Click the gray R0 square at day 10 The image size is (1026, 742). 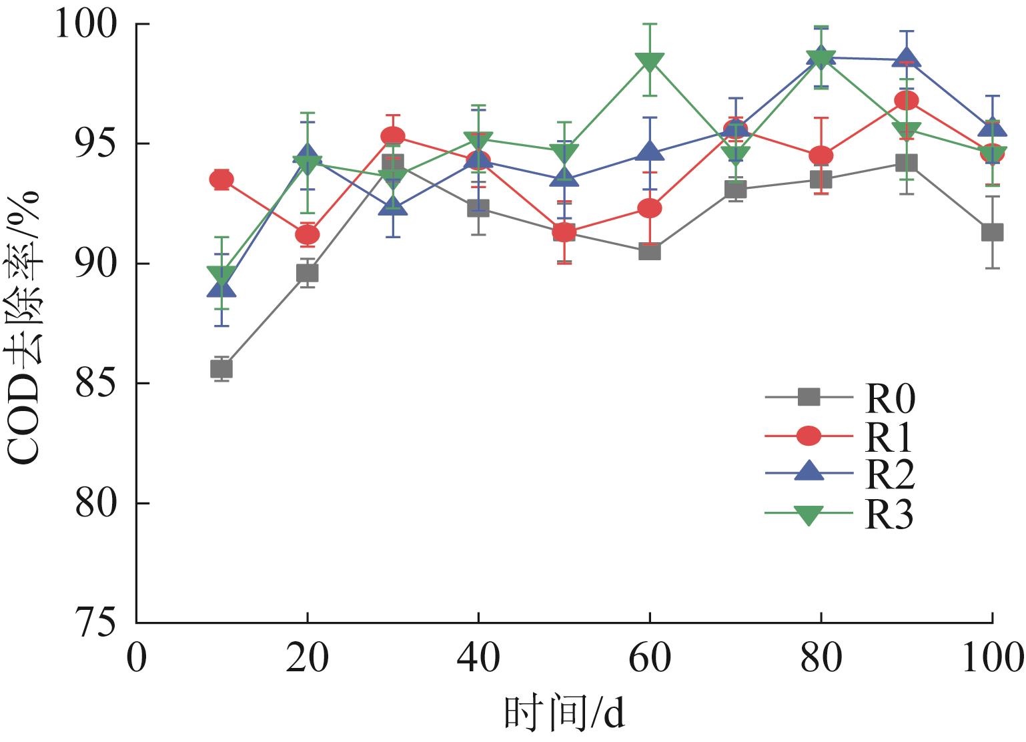221,368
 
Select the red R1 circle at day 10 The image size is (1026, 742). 221,179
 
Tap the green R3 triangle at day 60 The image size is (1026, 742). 650,61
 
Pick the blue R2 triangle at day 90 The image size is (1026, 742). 907,59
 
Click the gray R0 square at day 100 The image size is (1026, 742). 992,232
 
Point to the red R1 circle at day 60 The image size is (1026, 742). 650,208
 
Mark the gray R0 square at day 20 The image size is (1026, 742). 307,273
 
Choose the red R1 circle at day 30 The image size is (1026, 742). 393,137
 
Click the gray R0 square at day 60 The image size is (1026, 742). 650,252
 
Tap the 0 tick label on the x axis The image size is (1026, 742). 136,659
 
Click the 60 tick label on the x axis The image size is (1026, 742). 650,659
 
